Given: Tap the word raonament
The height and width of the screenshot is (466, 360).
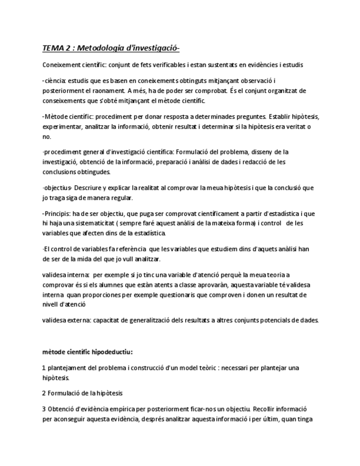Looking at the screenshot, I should pyautogui.click(x=107, y=91).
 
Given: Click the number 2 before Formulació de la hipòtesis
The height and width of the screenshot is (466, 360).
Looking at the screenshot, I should pyautogui.click(x=43, y=393).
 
